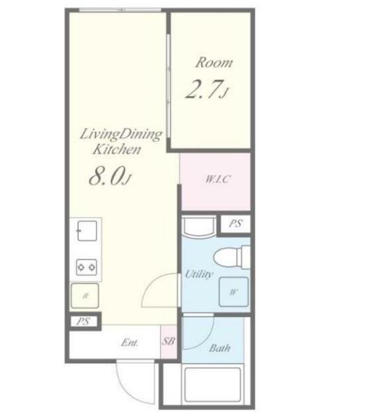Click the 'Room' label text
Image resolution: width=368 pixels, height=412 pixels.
point(214,63)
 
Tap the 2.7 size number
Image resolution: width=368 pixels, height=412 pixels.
point(202,89)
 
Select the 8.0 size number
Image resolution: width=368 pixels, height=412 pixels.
point(106,176)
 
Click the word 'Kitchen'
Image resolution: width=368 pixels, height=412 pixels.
point(117,149)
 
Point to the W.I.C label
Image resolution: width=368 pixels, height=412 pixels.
point(218,179)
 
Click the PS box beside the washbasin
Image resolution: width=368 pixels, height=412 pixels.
point(235,223)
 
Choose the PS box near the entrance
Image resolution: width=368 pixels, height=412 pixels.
point(83,322)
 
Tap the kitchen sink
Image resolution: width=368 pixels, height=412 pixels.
point(87,230)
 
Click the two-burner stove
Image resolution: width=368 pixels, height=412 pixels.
point(86,267)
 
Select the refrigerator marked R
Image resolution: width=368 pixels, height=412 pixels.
point(85,296)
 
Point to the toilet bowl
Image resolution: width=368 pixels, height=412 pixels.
point(225,257)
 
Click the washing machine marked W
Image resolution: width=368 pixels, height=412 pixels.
point(234,292)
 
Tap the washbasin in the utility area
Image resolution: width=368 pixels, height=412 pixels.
point(199,226)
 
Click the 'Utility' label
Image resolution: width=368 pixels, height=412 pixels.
point(198,274)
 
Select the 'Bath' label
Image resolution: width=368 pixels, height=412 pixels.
point(220,348)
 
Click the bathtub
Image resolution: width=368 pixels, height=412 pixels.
point(212,386)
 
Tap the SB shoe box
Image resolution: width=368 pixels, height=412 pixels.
point(168,341)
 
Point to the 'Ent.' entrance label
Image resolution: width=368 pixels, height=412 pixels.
point(129,342)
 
